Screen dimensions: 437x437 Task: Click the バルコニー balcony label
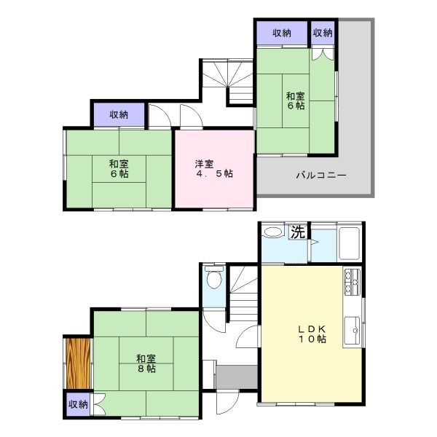(320, 176)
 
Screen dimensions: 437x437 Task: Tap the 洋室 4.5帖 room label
(214, 169)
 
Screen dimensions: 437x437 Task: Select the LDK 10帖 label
(312, 334)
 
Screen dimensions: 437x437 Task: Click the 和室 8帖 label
(146, 363)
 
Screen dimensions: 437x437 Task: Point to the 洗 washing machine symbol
(298, 232)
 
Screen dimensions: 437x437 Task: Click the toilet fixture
(213, 277)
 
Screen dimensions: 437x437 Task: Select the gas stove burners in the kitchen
(352, 281)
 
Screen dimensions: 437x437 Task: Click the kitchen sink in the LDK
(352, 331)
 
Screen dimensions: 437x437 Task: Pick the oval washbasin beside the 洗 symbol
(273, 232)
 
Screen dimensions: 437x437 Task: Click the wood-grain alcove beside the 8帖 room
(79, 363)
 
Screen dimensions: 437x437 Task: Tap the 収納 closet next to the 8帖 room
(79, 404)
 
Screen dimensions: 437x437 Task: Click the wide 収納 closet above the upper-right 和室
(282, 34)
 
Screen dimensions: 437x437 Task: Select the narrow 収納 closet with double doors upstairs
(323, 34)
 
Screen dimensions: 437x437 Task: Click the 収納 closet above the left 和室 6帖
(119, 114)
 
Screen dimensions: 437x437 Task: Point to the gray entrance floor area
(237, 377)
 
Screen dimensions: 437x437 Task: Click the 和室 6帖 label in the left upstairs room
(119, 169)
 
